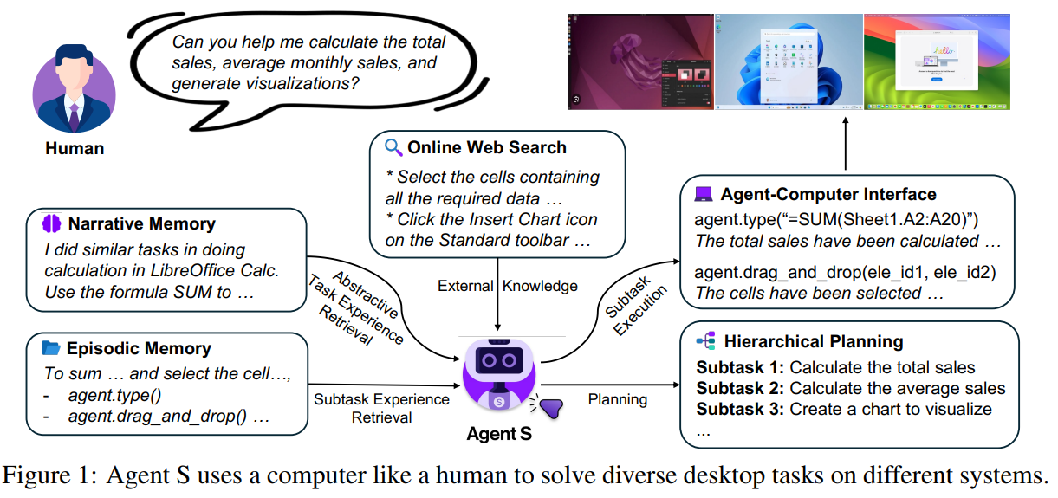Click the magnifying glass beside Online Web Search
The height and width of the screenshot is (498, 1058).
[x=393, y=147]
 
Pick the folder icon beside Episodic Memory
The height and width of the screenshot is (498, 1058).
[x=51, y=348]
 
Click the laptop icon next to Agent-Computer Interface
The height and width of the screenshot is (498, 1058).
[x=704, y=194]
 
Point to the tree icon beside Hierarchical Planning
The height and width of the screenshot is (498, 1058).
[x=704, y=341]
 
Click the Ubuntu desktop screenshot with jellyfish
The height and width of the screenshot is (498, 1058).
[x=640, y=61]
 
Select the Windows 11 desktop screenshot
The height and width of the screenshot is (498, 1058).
[x=789, y=61]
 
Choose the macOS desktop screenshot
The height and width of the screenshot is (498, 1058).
[x=937, y=61]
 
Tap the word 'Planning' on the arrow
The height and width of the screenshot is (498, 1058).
[x=617, y=399]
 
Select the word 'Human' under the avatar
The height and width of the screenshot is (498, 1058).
[x=75, y=149]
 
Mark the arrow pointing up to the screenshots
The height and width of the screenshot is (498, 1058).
[x=846, y=143]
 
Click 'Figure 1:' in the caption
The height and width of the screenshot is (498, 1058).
[x=62, y=475]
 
